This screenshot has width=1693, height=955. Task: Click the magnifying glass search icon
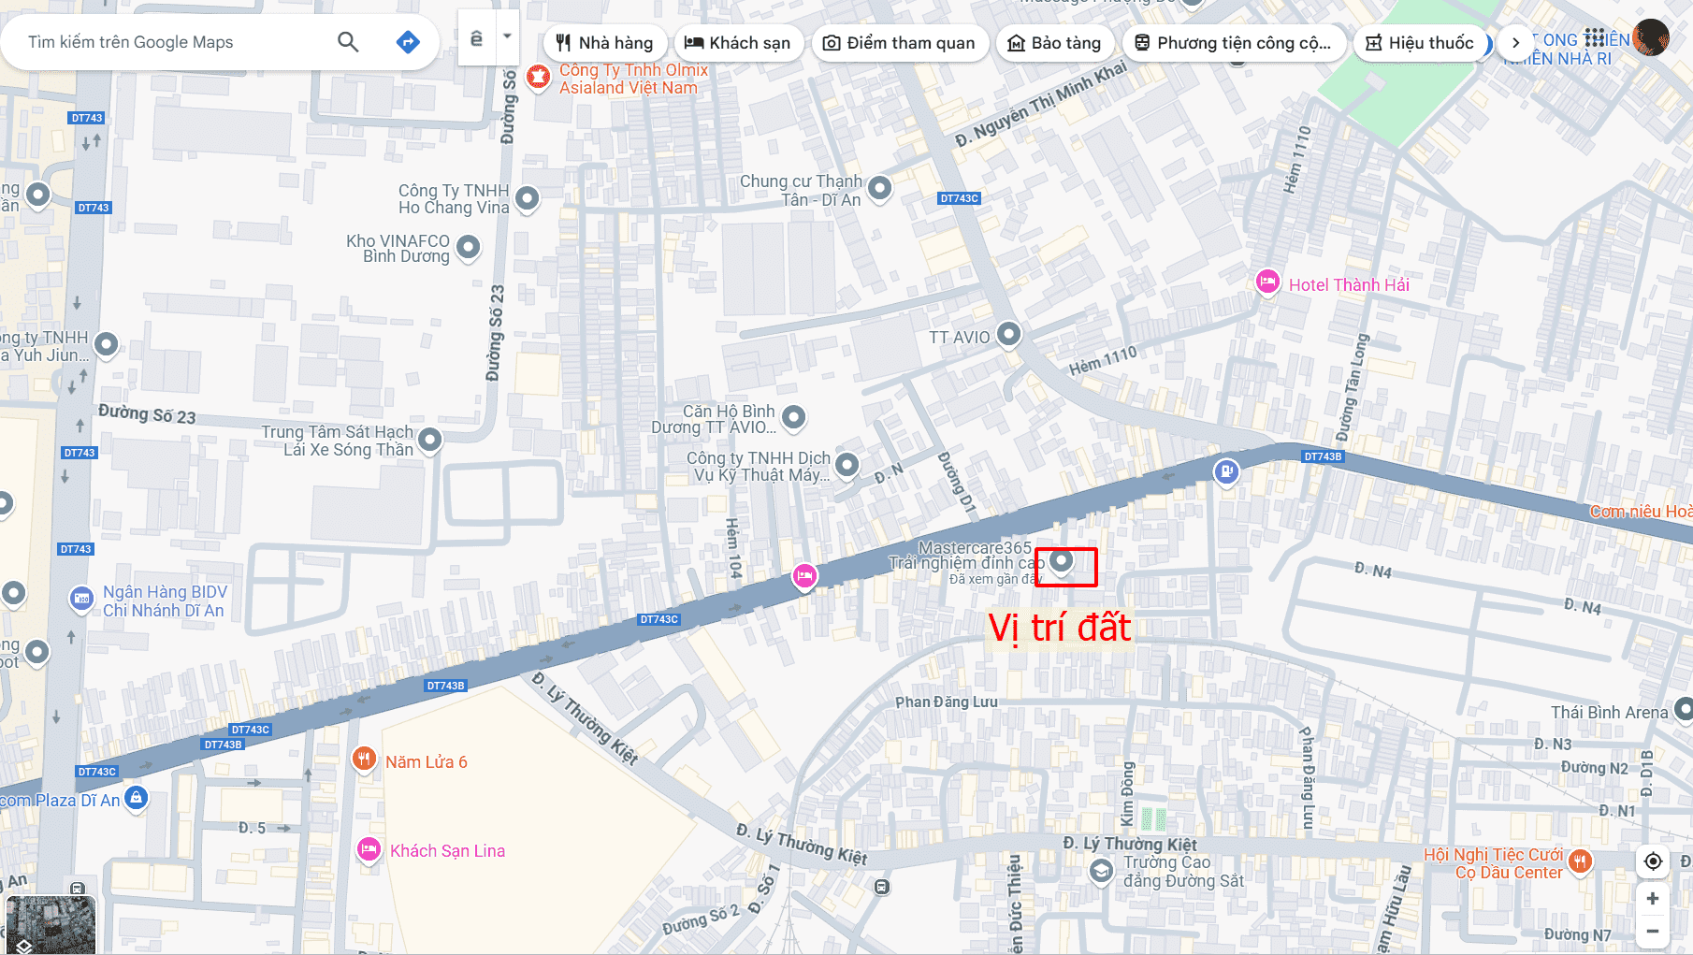[x=348, y=42]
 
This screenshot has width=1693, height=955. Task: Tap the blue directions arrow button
[x=408, y=42]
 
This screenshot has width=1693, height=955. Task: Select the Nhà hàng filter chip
[x=604, y=43]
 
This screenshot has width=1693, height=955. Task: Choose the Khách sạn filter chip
[x=738, y=43]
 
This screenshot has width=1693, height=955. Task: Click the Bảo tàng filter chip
[x=1054, y=43]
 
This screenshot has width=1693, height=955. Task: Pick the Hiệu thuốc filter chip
[x=1420, y=43]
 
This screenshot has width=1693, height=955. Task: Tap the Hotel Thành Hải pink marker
[x=1267, y=282]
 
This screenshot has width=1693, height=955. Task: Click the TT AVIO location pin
[x=1008, y=333]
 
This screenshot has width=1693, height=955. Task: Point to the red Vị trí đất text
[x=1059, y=628]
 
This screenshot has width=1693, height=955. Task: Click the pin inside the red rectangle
[x=1061, y=560]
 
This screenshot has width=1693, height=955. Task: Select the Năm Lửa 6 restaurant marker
[x=364, y=759]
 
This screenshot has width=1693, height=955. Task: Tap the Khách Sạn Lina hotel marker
[x=369, y=848]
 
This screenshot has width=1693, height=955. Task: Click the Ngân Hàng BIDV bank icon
[x=81, y=599]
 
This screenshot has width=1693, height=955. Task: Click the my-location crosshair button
[x=1653, y=861]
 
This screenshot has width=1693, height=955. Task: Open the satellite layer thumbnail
[x=51, y=925]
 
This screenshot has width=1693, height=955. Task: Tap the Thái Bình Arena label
[x=1609, y=713]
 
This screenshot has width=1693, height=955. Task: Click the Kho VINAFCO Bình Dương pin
[x=468, y=247]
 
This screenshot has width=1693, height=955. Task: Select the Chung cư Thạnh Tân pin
[x=879, y=187]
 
